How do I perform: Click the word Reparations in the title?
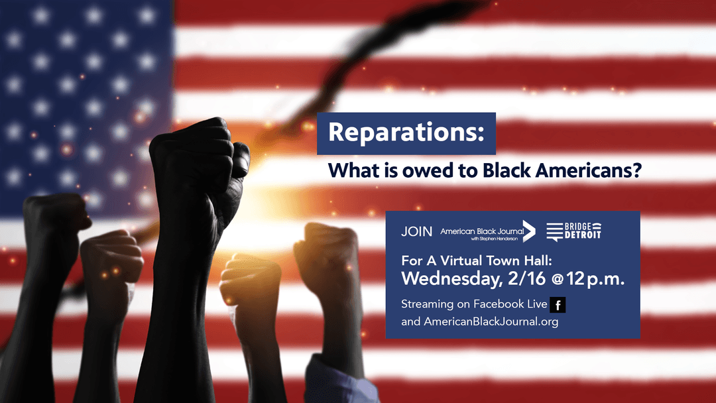tap(406, 133)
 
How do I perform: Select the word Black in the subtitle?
tap(507, 171)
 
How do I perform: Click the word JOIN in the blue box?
tap(416, 231)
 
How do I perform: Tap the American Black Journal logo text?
tap(482, 234)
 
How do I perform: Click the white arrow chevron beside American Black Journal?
tap(529, 231)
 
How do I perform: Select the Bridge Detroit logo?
tap(574, 231)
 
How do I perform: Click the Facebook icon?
tap(558, 305)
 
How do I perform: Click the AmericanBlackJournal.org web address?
tap(491, 321)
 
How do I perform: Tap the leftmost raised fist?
tap(55, 219)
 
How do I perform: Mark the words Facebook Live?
tap(510, 304)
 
